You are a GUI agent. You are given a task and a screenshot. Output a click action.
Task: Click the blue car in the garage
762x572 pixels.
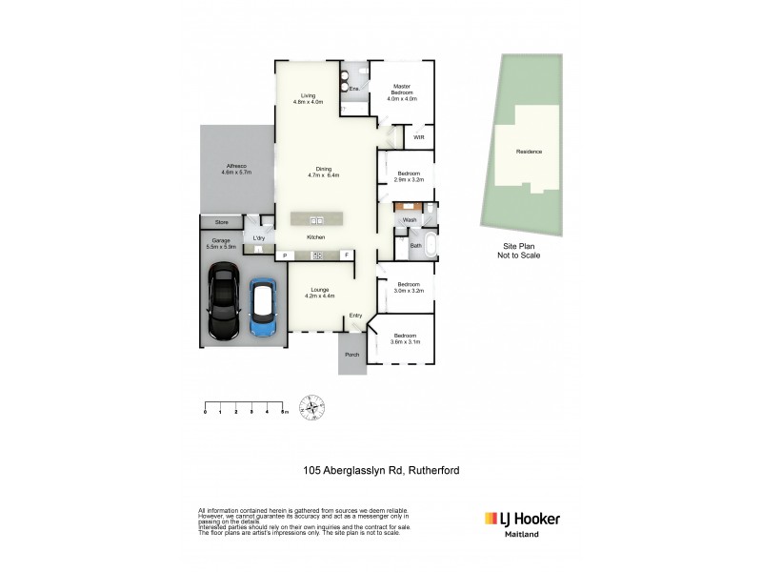tap(263, 308)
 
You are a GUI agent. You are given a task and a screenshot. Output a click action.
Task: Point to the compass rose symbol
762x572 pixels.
tap(313, 408)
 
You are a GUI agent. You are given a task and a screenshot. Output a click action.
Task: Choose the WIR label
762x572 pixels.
tap(417, 137)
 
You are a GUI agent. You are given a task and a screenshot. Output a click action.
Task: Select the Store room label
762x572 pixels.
tap(221, 222)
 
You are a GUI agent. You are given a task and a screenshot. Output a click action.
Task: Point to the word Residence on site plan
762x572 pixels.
tap(529, 152)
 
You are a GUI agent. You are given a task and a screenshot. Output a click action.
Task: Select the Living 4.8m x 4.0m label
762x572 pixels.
tap(309, 98)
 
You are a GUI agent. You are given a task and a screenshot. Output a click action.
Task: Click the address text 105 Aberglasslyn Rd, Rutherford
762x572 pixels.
tap(381, 469)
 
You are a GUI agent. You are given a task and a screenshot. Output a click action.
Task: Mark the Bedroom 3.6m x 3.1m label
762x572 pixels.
tap(405, 338)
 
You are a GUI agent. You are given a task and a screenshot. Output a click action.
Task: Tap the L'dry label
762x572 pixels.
tap(257, 236)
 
